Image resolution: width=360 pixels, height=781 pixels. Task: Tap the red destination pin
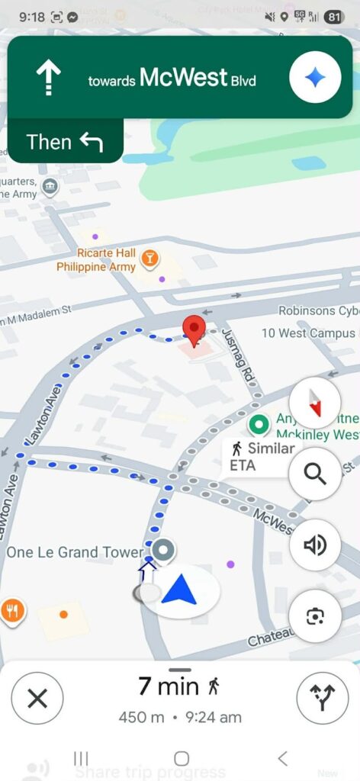(x=195, y=330)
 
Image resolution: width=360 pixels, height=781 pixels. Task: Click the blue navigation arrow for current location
(x=180, y=590)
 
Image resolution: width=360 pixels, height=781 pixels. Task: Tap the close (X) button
(x=37, y=697)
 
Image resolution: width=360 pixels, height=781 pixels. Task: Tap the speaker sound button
(x=315, y=545)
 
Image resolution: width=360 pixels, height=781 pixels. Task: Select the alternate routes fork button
(x=322, y=697)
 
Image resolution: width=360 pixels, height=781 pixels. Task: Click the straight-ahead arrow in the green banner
(x=49, y=79)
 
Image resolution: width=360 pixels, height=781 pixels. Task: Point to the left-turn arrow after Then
(x=91, y=142)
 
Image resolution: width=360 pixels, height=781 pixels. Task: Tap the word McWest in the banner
(x=183, y=78)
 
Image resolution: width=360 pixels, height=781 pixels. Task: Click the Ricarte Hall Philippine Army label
(x=96, y=259)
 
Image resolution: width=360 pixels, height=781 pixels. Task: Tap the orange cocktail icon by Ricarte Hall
(x=150, y=259)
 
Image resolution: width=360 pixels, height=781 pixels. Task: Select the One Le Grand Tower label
(x=75, y=551)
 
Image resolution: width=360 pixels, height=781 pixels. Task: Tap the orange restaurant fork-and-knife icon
(x=11, y=610)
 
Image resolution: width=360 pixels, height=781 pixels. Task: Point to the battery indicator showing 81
(x=333, y=17)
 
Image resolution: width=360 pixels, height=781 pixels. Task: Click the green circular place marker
(x=259, y=423)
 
